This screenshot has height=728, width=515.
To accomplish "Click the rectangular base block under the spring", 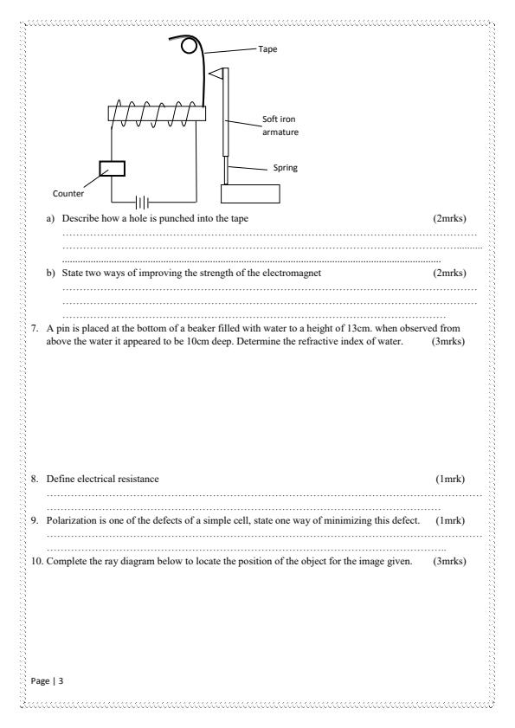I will click(250, 193).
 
